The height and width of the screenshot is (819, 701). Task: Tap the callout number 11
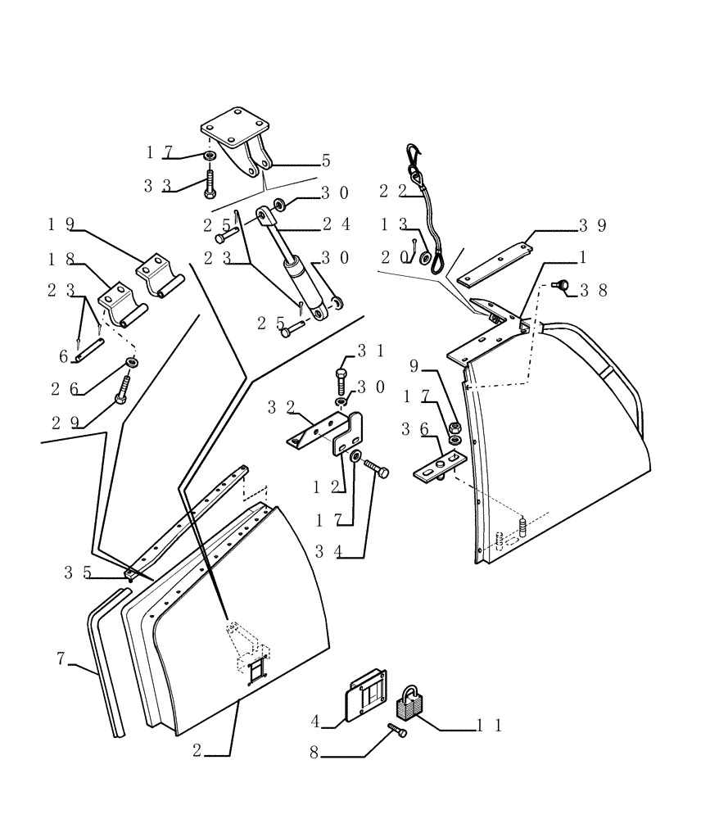[x=489, y=725]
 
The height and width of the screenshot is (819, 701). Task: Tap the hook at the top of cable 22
[x=412, y=153]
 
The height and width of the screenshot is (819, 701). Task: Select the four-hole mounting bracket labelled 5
[x=237, y=141]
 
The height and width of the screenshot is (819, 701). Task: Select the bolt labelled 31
[x=342, y=380]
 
